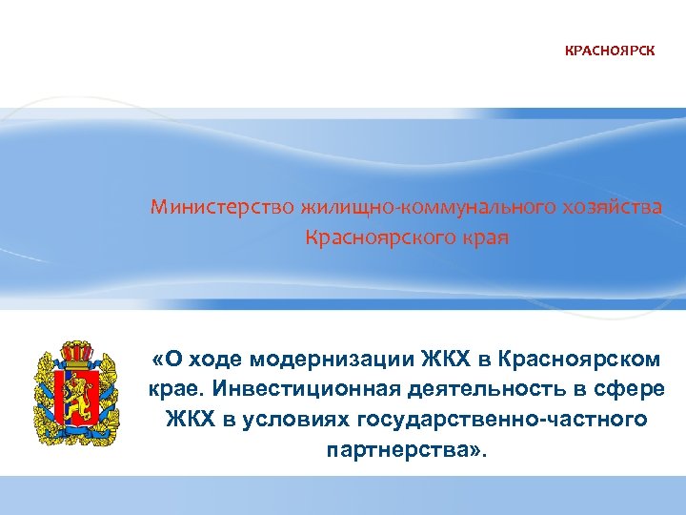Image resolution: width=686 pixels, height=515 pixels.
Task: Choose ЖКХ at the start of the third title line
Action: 186,419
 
